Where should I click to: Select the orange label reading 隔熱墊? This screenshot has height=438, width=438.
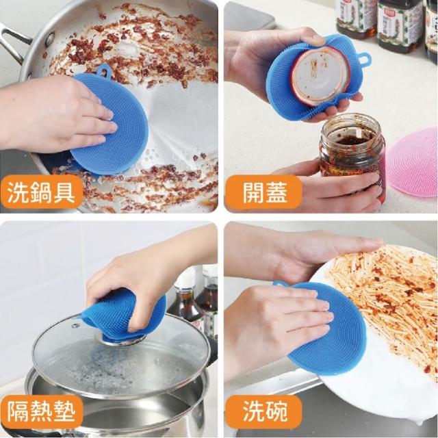[41, 412]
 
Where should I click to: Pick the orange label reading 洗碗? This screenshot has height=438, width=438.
[263, 412]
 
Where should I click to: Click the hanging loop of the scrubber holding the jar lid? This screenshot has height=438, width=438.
[365, 59]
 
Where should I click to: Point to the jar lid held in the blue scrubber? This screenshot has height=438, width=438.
[320, 76]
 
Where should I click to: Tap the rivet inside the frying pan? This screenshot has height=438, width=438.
[51, 39]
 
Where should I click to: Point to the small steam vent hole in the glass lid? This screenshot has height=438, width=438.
[75, 325]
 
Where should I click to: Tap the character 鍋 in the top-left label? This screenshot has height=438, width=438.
[41, 192]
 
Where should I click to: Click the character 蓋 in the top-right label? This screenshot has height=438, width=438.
[276, 192]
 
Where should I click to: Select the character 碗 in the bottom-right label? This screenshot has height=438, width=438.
[276, 412]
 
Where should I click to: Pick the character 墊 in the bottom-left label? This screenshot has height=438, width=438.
[64, 412]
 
